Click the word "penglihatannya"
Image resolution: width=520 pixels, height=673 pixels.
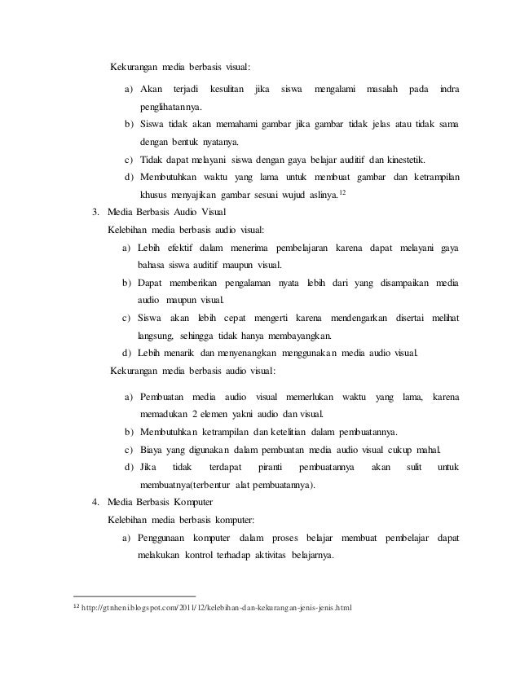[172, 107]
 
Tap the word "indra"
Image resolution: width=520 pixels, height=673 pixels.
[448, 88]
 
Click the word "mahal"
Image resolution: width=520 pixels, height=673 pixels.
[426, 450]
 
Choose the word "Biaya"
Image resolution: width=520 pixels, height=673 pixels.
[153, 450]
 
